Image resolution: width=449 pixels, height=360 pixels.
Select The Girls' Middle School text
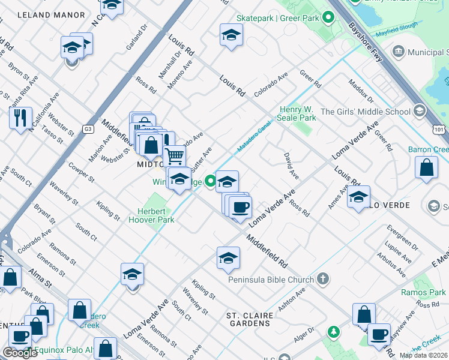tap(365, 111)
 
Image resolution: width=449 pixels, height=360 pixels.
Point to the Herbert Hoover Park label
tap(151, 215)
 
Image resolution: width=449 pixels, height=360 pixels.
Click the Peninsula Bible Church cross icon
tap(323, 279)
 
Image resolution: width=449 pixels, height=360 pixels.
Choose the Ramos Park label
tap(428, 292)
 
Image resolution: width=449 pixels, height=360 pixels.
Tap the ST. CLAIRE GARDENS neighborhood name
tap(248, 319)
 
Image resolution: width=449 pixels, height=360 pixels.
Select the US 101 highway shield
tap(439, 128)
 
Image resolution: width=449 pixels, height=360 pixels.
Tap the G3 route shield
tap(88, 128)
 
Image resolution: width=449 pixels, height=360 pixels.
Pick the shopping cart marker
tap(174, 155)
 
